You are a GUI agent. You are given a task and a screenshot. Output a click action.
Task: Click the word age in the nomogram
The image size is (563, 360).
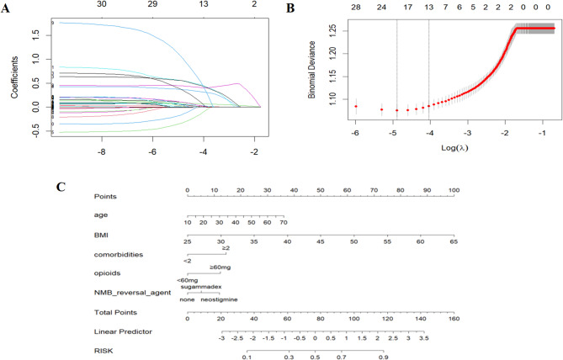102,214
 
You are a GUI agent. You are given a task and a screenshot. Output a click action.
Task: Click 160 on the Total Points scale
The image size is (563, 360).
454,320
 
